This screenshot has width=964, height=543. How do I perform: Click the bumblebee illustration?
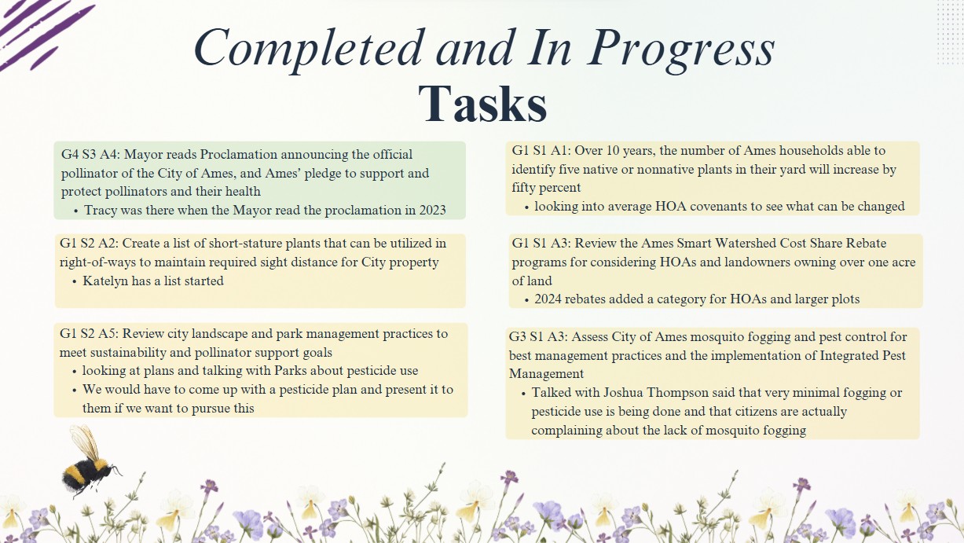coord(91,463)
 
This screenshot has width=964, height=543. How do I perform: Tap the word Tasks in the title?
coord(482,105)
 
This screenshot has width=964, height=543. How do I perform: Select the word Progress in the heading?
coord(681,50)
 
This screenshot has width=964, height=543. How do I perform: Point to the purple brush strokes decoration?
coord(43,32)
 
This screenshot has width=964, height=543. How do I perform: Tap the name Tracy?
coord(100,211)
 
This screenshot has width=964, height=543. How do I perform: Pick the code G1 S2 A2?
coord(88,244)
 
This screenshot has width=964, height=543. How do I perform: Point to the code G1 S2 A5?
coord(88,334)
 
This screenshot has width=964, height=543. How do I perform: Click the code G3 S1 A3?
coord(537,337)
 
